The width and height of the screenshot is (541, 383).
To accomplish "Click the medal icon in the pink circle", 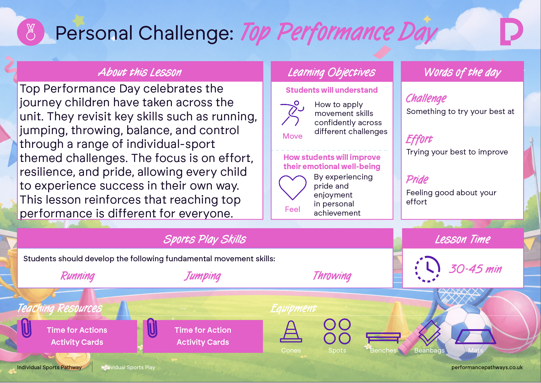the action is (x=31, y=32).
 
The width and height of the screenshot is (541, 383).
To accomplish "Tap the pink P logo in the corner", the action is (x=511, y=32).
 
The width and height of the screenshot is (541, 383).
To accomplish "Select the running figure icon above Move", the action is (x=292, y=113).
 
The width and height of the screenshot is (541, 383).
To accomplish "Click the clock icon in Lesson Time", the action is (x=427, y=269).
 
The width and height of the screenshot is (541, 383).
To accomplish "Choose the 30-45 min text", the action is (x=475, y=269).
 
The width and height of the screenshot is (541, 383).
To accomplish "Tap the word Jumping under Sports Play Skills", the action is (x=203, y=276).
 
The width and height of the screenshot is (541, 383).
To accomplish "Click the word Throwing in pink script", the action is (x=332, y=276).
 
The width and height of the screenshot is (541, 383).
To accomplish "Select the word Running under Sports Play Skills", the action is (x=78, y=276).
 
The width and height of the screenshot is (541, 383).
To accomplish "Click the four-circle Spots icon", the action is (x=337, y=331).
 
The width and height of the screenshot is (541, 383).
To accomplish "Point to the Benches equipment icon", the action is (x=383, y=338).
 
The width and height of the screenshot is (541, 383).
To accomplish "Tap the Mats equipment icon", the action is (x=475, y=336).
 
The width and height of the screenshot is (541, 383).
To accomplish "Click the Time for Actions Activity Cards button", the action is (x=77, y=336).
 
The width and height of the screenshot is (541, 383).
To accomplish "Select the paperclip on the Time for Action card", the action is (x=152, y=328).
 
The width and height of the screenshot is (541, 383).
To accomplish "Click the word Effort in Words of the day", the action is (x=419, y=139).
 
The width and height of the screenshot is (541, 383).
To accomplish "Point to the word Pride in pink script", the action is (x=417, y=179).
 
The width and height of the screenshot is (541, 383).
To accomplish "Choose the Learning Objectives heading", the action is (x=332, y=72).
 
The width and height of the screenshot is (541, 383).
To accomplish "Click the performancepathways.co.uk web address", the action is (x=487, y=367).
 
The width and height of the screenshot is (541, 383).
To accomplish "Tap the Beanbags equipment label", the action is (x=429, y=350).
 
